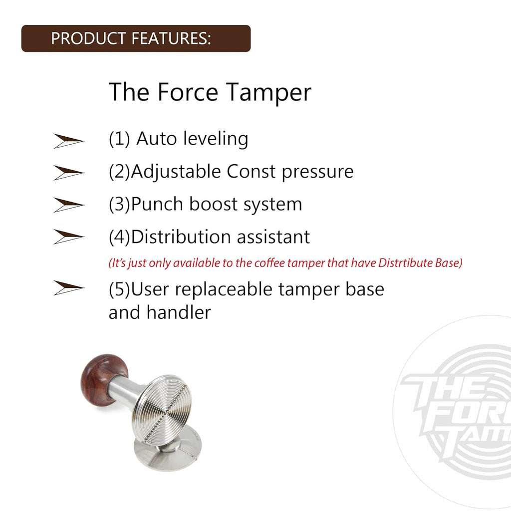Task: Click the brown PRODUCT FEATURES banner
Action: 135,38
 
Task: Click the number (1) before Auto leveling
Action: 119,139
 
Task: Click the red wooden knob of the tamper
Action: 104,378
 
